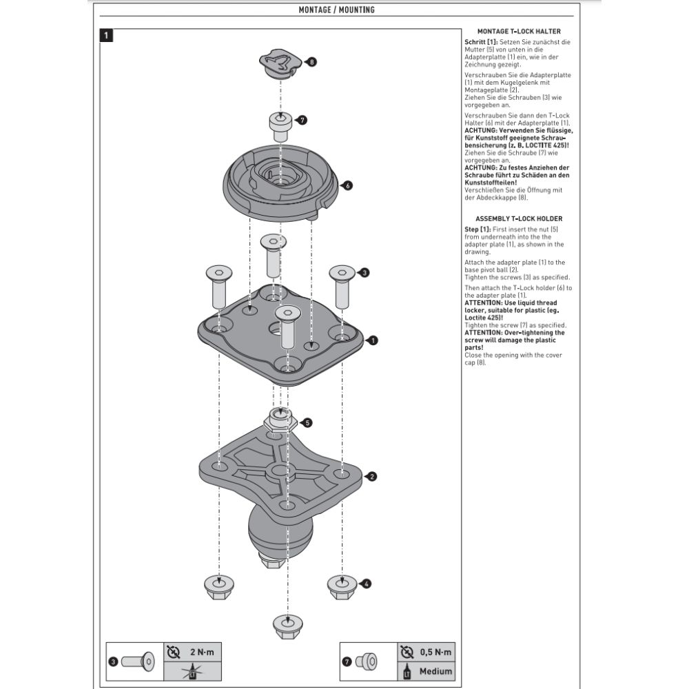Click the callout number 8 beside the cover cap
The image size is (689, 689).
[x=312, y=62]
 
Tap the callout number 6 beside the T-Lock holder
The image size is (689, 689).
[x=347, y=185]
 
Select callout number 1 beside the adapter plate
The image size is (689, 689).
[x=373, y=340]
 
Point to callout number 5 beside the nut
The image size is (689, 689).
[x=308, y=422]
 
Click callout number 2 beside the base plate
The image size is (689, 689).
[x=372, y=476]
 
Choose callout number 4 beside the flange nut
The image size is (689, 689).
[x=367, y=584]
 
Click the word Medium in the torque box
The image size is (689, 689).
[x=435, y=670]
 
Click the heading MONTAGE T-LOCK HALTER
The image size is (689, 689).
[x=518, y=31]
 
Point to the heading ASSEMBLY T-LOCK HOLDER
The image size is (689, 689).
[x=518, y=218]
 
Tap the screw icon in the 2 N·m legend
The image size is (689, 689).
[x=138, y=661]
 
